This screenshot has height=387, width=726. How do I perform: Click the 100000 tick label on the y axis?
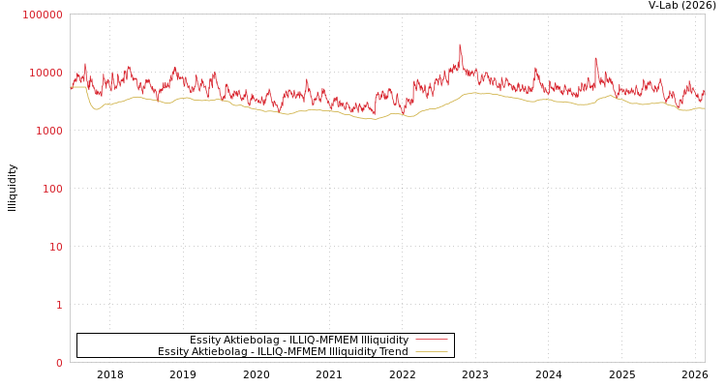click(x=43, y=15)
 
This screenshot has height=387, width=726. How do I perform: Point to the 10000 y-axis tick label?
click(x=45, y=73)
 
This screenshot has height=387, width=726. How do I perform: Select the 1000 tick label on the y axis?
click(x=48, y=131)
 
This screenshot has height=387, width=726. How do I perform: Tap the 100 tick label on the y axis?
click(x=51, y=189)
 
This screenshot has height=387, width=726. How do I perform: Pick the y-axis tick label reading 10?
click(x=55, y=247)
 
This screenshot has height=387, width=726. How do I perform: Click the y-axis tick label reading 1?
click(x=58, y=305)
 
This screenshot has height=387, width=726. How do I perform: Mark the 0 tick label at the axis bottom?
click(x=58, y=363)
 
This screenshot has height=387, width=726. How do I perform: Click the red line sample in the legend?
click(x=431, y=340)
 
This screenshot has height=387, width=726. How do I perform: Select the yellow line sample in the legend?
click(x=431, y=351)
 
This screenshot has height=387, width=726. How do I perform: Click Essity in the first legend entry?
click(x=205, y=340)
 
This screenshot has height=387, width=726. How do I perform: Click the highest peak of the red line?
click(x=460, y=45)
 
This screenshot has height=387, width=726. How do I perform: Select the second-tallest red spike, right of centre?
click(x=595, y=59)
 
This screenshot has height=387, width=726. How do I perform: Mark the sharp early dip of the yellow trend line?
click(x=95, y=109)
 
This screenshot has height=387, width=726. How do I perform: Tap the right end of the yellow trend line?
click(x=704, y=108)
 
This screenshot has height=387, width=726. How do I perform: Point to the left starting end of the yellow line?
click(x=71, y=87)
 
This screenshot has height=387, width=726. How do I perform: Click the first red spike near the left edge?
click(x=85, y=65)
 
